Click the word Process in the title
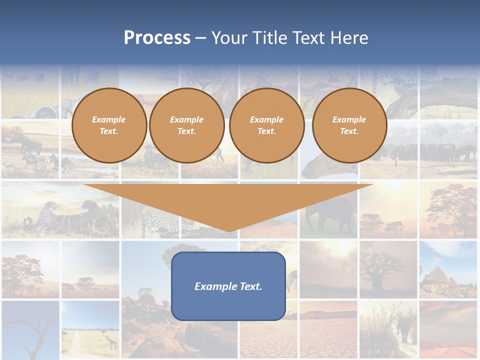click(x=157, y=38)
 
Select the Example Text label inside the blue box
click(x=228, y=286)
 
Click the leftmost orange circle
click(x=109, y=125)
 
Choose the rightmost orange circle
click(x=349, y=125)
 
